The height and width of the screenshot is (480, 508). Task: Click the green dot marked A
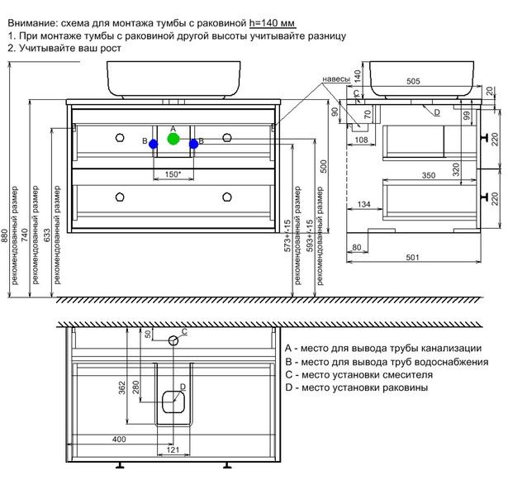tap(173, 139)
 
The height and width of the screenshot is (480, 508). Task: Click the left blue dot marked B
tap(153, 144)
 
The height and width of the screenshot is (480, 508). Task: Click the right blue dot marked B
tap(193, 144)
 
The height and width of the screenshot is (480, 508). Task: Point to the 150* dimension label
tap(173, 174)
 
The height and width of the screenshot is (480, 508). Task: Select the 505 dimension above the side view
tap(414, 82)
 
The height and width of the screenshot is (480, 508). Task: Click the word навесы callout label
tap(336, 79)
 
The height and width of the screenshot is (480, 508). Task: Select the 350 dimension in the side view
tap(429, 175)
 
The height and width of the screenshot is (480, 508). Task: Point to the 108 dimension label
tap(360, 140)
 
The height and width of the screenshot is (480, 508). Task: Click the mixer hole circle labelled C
tap(173, 340)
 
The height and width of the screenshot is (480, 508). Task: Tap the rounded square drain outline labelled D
tap(173, 401)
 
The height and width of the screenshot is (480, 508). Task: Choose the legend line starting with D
tap(356, 387)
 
